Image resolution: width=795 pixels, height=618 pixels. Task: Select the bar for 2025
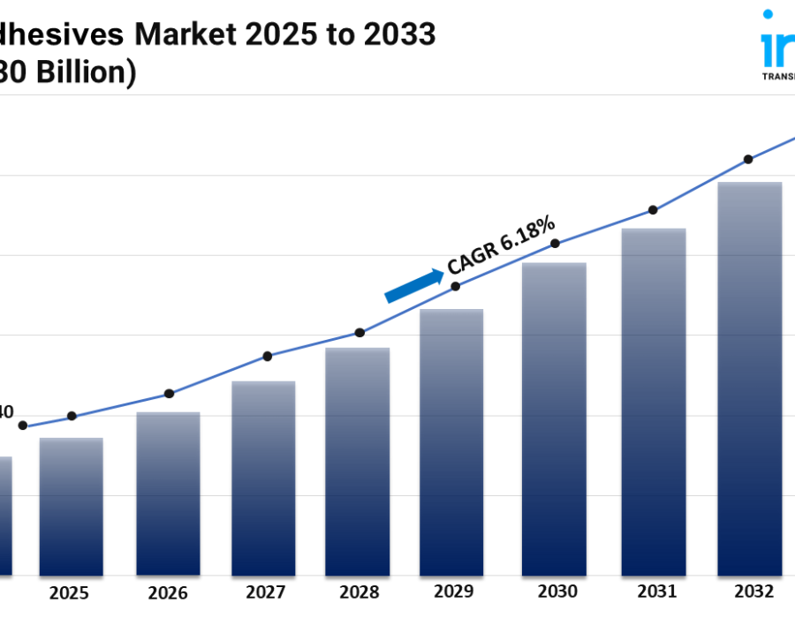coord(71,507)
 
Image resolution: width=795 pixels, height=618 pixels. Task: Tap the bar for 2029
coord(451,442)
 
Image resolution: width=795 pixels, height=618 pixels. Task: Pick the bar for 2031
coord(653,402)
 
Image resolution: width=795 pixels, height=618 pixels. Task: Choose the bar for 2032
coord(750,379)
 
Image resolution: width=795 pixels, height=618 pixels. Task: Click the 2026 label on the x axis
coord(167,592)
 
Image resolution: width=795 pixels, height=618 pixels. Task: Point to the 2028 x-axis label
coord(358,592)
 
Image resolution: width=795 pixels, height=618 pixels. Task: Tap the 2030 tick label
coord(557,592)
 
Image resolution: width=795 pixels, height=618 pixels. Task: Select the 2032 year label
coord(753,592)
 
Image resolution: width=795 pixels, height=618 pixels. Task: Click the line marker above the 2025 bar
coord(72,416)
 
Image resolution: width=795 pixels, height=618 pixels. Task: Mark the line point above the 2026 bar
coord(170,394)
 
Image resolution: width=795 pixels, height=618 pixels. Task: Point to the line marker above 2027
coord(268,356)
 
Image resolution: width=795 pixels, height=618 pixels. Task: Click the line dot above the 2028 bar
coord(360,333)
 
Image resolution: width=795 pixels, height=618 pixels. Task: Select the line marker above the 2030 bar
coord(555,243)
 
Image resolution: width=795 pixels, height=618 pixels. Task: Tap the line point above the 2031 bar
coord(653,210)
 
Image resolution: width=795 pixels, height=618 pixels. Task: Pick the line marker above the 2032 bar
coord(748,159)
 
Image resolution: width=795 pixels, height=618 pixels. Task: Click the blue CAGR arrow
coord(414,285)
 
